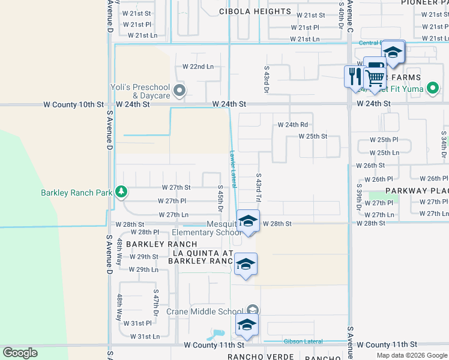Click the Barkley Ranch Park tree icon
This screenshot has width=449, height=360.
pyautogui.click(x=122, y=192)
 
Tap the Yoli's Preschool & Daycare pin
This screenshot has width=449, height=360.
pyautogui.click(x=179, y=91)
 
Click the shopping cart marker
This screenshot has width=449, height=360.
pyautogui.click(x=375, y=77)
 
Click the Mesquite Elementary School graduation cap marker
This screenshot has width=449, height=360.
pyautogui.click(x=248, y=221)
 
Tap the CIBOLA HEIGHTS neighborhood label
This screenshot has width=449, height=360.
pyautogui.click(x=247, y=11)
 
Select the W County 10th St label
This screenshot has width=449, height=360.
pyautogui.click(x=73, y=104)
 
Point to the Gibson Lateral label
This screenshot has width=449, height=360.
pyautogui.click(x=303, y=341)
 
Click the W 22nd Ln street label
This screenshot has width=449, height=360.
pyautogui.click(x=198, y=67)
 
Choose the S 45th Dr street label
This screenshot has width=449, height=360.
pyautogui.click(x=220, y=199)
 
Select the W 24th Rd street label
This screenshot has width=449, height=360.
pyautogui.click(x=292, y=125)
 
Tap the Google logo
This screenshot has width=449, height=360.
pyautogui.click(x=20, y=353)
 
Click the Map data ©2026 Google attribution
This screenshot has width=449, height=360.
pyautogui.click(x=412, y=355)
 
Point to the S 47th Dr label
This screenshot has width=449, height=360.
pyautogui.click(x=155, y=305)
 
